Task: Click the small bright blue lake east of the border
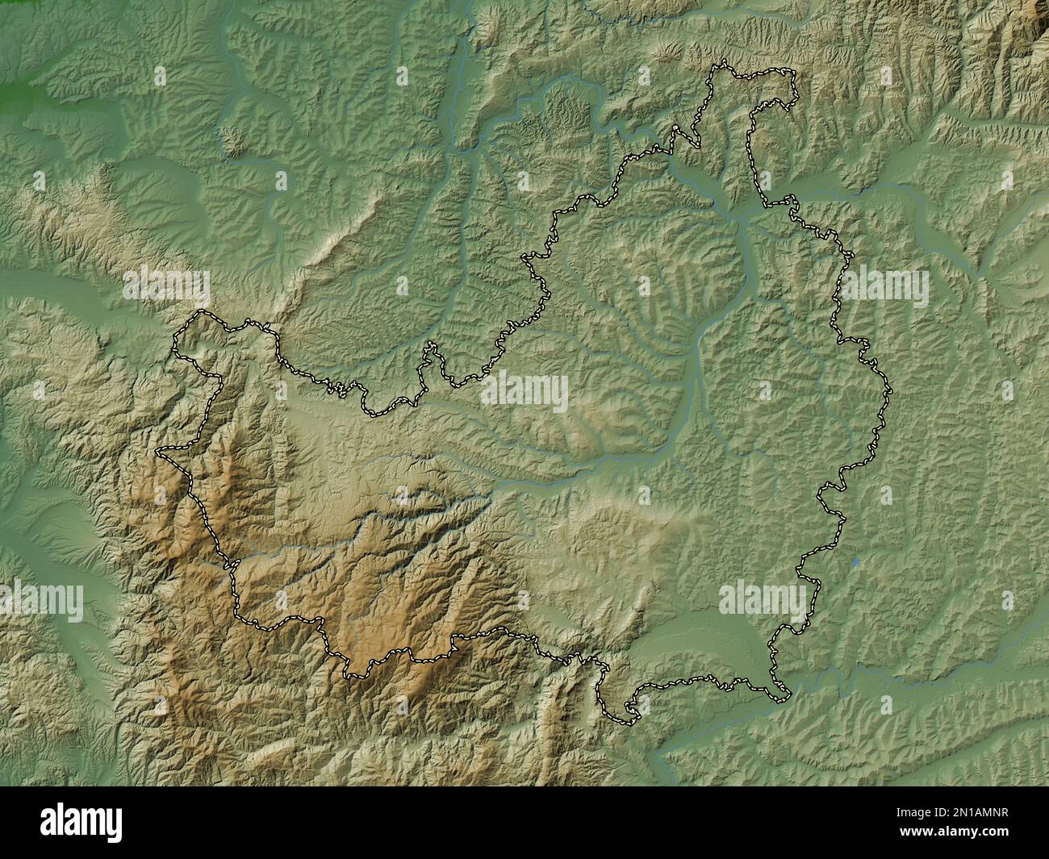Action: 855,560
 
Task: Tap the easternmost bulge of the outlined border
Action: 890,392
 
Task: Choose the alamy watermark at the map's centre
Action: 524,394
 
